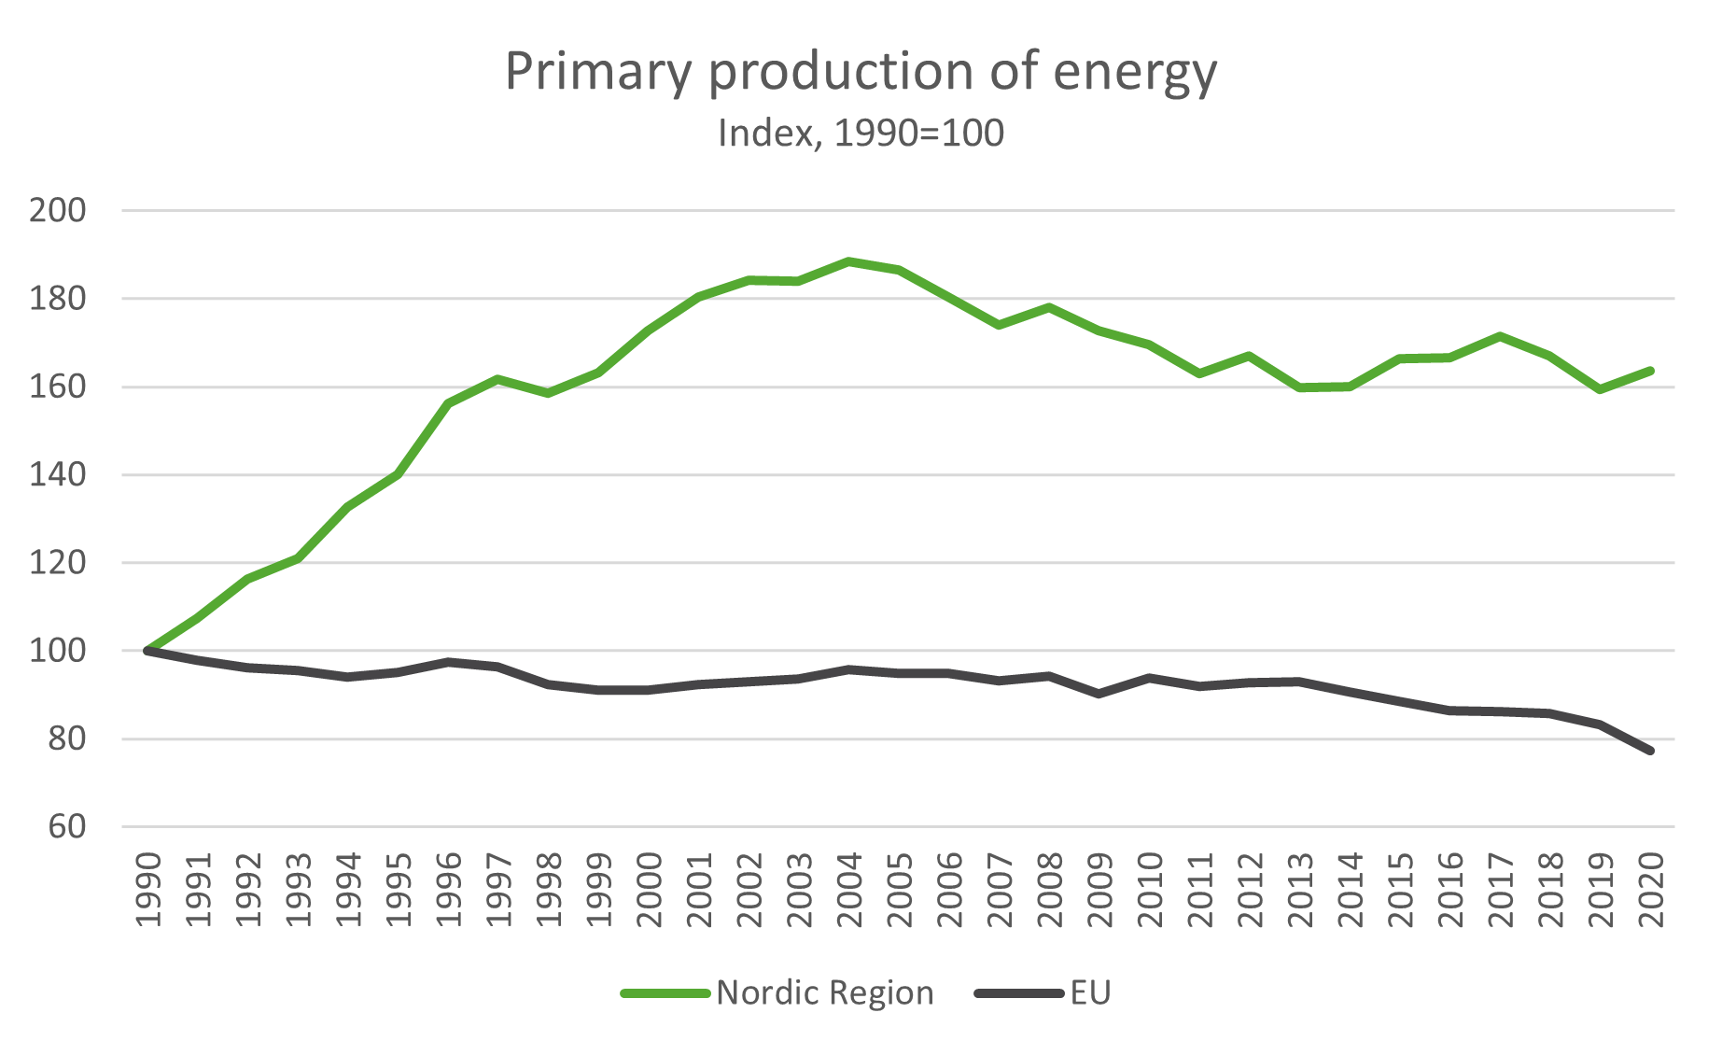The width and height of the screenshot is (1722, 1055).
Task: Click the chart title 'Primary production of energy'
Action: click(861, 72)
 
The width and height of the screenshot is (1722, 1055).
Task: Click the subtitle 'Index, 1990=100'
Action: click(861, 134)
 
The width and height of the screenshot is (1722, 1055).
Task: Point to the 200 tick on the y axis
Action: click(58, 211)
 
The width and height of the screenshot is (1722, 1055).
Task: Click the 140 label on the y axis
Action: click(58, 475)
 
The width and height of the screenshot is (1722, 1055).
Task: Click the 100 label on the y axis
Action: click(58, 651)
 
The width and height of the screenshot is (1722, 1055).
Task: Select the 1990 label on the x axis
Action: click(148, 889)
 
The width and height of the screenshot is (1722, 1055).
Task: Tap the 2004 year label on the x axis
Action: click(849, 889)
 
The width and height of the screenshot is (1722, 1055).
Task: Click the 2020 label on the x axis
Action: click(1651, 889)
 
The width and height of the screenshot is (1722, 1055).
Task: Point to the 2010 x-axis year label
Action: click(1150, 889)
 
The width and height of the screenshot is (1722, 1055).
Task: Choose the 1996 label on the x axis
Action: click(449, 889)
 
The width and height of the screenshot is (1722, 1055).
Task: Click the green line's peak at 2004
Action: click(849, 261)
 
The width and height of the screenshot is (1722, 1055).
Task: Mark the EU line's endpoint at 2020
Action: click(1650, 751)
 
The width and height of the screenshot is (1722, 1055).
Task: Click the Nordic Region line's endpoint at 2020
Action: click(1650, 371)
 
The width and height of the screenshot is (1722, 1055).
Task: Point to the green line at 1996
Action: click(449, 403)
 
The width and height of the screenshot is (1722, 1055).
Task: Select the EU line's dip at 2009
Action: click(1099, 694)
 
